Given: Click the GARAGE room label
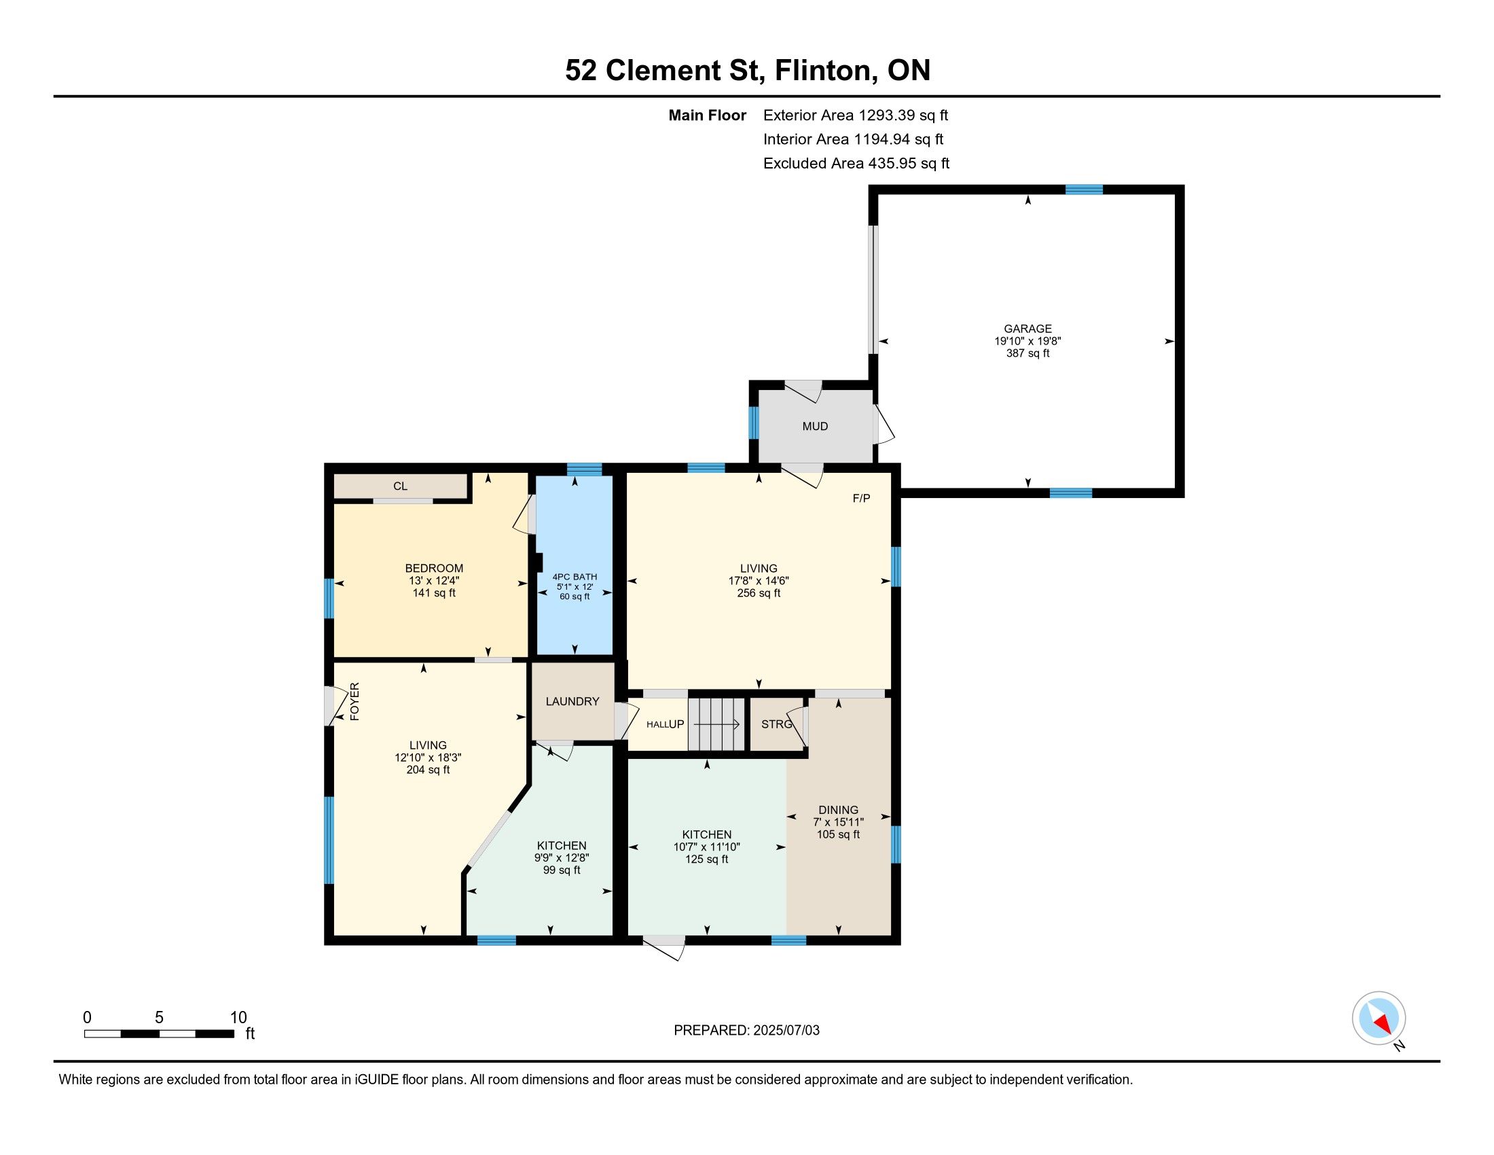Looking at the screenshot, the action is click(x=1027, y=328).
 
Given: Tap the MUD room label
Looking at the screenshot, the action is click(x=815, y=426).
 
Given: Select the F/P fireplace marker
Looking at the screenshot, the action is click(x=861, y=498).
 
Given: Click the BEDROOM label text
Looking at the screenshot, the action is click(x=434, y=568).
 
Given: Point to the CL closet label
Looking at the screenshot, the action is click(x=400, y=486).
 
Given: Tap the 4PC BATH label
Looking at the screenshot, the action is click(x=575, y=577).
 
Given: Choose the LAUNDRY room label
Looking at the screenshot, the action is click(x=572, y=701).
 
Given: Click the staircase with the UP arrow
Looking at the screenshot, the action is click(x=716, y=724).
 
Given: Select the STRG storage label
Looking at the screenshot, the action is click(x=776, y=724).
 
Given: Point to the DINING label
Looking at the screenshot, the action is click(x=838, y=809).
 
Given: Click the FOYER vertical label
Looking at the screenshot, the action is click(x=354, y=701).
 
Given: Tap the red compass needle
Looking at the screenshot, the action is click(x=1383, y=1023).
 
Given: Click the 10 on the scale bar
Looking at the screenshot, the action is click(x=238, y=1018).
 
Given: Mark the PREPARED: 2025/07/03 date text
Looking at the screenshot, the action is click(x=746, y=1031).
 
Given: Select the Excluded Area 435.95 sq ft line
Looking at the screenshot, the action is click(x=856, y=164).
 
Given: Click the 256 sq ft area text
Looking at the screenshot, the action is click(x=759, y=593).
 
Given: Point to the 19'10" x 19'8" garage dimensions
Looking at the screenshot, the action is click(x=1027, y=341).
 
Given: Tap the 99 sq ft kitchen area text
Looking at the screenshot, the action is click(x=562, y=870).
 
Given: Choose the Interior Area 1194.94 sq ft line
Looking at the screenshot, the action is click(x=853, y=139).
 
